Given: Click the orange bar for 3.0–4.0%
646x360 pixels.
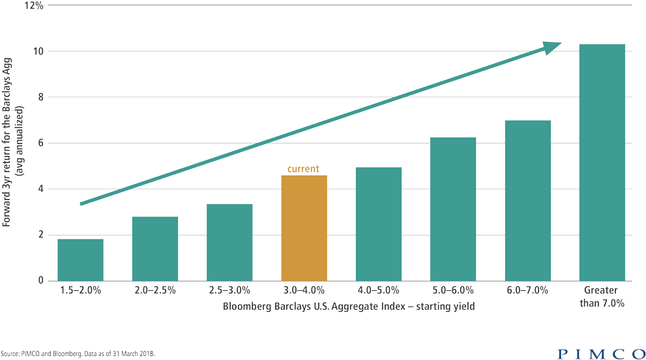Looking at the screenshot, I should pyautogui.click(x=304, y=228).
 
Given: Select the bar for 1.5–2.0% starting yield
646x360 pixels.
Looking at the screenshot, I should pyautogui.click(x=80, y=260).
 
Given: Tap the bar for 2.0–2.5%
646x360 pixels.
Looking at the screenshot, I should pyautogui.click(x=155, y=248).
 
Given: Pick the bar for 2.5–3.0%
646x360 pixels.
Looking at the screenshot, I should pyautogui.click(x=229, y=242).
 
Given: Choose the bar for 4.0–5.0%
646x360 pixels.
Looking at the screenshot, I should pyautogui.click(x=379, y=224).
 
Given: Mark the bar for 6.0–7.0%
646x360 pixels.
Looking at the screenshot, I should pyautogui.click(x=528, y=200).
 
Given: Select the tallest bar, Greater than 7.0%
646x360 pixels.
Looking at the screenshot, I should pyautogui.click(x=602, y=162).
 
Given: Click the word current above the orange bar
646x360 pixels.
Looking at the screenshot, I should pyautogui.click(x=304, y=169).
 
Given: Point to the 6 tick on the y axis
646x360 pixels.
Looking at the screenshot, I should pyautogui.click(x=40, y=143).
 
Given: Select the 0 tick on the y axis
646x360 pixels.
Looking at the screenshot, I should pyautogui.click(x=40, y=281).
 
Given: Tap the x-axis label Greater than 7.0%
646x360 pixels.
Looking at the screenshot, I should pyautogui.click(x=602, y=297).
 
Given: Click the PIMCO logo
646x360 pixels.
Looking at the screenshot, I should pyautogui.click(x=600, y=353).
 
